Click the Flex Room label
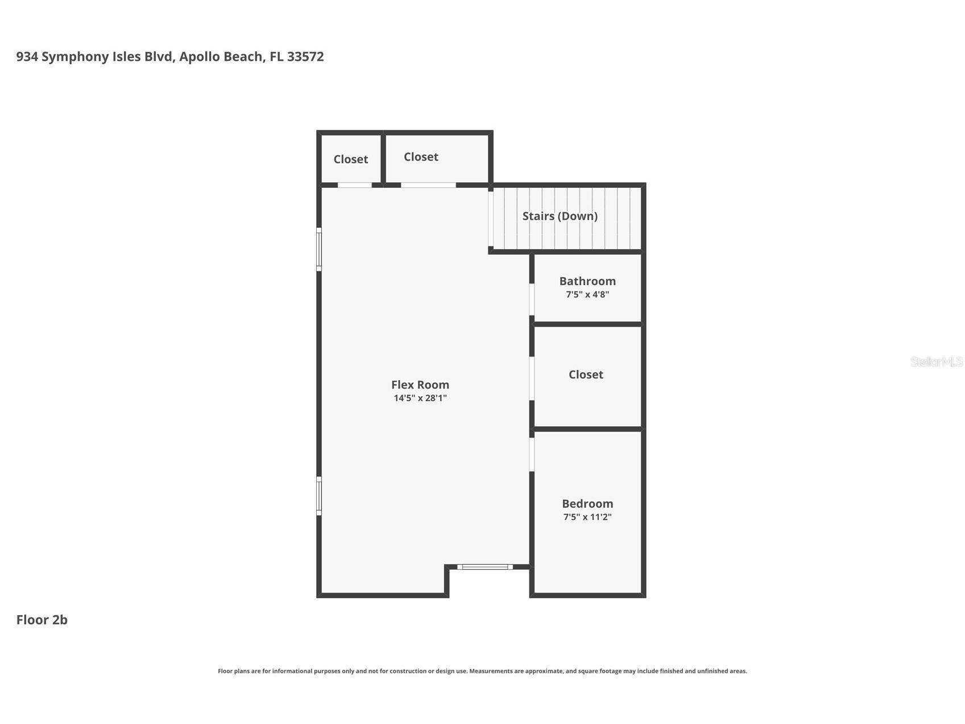pyautogui.click(x=420, y=385)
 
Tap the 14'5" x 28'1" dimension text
pyautogui.click(x=420, y=398)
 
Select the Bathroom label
pyautogui.click(x=587, y=281)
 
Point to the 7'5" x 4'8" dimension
pyautogui.click(x=587, y=294)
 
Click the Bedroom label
pyautogui.click(x=587, y=504)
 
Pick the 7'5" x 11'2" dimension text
pyautogui.click(x=587, y=517)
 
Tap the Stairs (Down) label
pyautogui.click(x=560, y=216)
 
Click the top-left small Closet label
pyautogui.click(x=350, y=159)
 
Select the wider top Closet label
pyautogui.click(x=421, y=157)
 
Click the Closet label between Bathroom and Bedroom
pyautogui.click(x=585, y=375)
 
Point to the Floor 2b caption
pyautogui.click(x=42, y=620)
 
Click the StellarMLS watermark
pyautogui.click(x=936, y=361)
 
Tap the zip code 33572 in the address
pyautogui.click(x=305, y=57)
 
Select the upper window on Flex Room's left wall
pyautogui.click(x=319, y=249)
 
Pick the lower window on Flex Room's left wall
pyautogui.click(x=319, y=496)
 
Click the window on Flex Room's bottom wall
pyautogui.click(x=484, y=566)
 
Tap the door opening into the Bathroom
pyautogui.click(x=532, y=299)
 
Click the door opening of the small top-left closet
pyautogui.click(x=354, y=185)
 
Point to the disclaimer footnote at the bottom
pyautogui.click(x=482, y=671)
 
